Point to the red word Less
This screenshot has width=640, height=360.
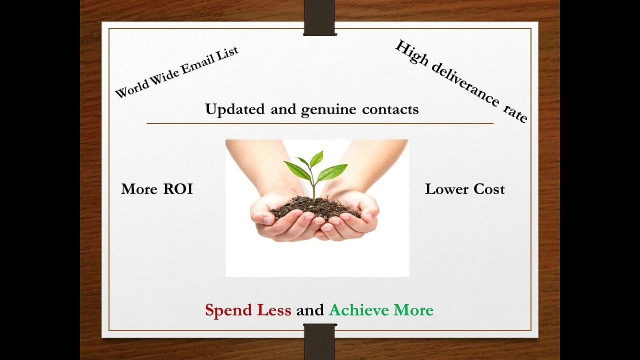coord(274,310)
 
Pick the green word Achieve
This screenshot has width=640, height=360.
coord(359,310)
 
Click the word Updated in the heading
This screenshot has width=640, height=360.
coord(235,109)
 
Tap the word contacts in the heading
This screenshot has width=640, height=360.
coord(390,109)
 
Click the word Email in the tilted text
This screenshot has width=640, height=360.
coord(194,64)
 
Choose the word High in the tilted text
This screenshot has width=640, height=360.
coord(411,53)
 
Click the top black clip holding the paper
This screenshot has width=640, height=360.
coord(320,18)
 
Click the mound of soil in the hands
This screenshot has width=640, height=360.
coord(315,206)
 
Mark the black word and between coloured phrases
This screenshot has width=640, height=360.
coord(310,310)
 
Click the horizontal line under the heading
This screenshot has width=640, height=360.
coord(320,123)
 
